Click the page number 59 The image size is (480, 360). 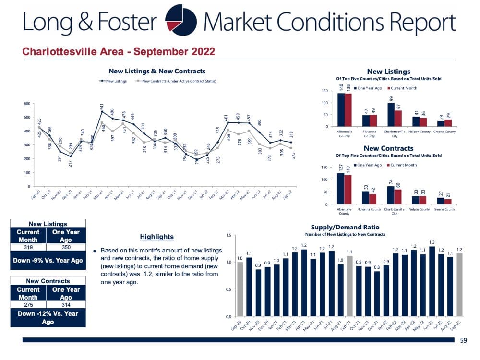click(463, 340)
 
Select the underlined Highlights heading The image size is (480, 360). click(157, 237)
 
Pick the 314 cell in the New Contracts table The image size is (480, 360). click(66, 304)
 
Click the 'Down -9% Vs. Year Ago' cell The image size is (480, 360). click(48, 260)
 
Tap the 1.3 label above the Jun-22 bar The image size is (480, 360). click(432, 242)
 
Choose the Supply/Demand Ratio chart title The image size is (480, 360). click(345, 227)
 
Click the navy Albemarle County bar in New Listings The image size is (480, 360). click(341, 109)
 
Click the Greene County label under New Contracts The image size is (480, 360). click(444, 209)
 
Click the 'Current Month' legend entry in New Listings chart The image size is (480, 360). click(402, 88)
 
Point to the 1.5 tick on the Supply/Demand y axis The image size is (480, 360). click(228, 235)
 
